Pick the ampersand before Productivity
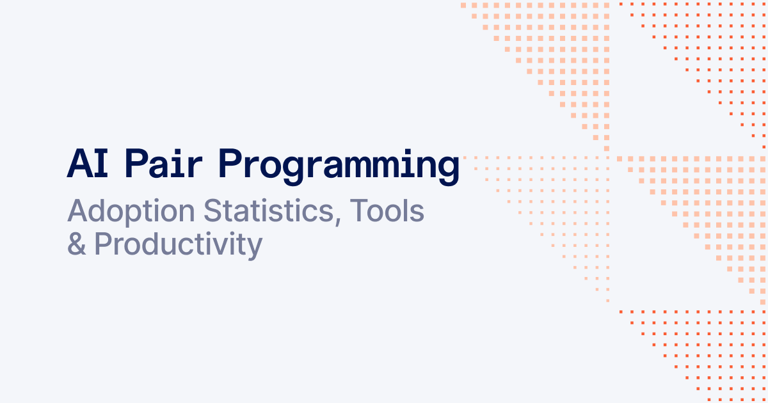click(x=77, y=244)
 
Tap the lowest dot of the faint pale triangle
click(x=607, y=301)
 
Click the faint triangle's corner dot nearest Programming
click(x=465, y=157)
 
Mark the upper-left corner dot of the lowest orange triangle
click(x=621, y=312)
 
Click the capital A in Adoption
click(x=78, y=211)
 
